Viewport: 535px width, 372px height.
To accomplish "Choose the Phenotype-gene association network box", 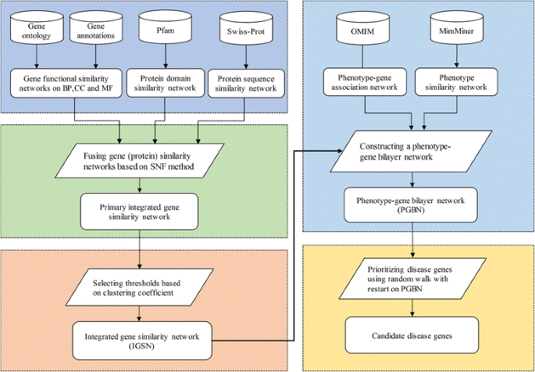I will (x=365, y=83).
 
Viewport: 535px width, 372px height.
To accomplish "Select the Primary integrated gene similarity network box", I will (x=139, y=207).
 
